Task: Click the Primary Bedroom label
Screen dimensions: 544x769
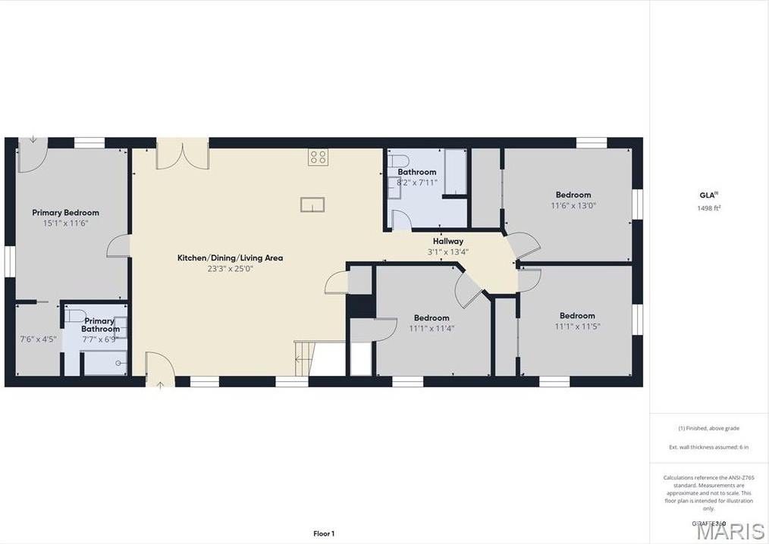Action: coord(65,213)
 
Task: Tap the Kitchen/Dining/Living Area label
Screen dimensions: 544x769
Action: coord(230,258)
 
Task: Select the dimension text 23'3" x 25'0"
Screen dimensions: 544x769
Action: coord(230,268)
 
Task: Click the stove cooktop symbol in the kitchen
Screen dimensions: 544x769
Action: coord(318,157)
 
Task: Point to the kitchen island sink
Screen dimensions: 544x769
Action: coord(312,205)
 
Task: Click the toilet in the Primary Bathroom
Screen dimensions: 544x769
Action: coord(74,315)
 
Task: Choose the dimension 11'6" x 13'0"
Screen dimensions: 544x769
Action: coord(573,205)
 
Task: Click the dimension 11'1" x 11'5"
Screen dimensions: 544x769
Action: coord(577,327)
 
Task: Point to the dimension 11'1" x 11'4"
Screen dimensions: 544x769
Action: coord(432,328)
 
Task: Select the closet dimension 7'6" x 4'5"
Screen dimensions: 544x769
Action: coord(37,339)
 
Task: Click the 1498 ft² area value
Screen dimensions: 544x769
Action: coord(709,208)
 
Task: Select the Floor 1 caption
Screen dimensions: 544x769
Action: coord(324,533)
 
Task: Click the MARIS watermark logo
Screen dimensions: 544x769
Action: coord(730,531)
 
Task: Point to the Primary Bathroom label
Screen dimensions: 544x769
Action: coord(100,325)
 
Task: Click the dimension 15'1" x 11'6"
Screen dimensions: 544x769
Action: coord(65,224)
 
